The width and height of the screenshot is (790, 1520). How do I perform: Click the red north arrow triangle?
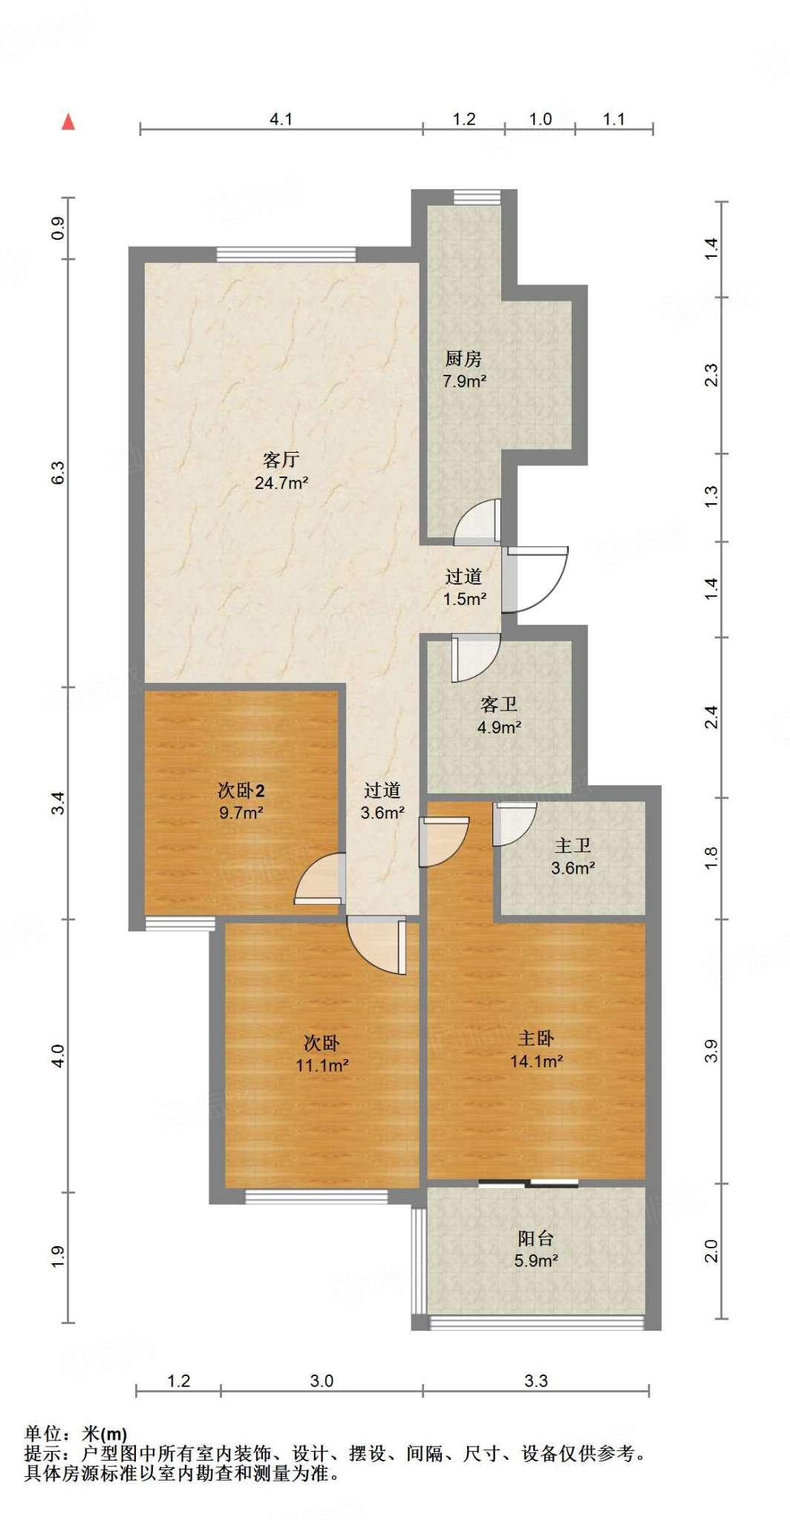[68, 122]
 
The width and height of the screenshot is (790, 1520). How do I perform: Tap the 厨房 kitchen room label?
[463, 359]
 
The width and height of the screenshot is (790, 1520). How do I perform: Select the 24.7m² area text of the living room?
[281, 483]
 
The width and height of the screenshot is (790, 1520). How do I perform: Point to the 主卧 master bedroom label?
[535, 1039]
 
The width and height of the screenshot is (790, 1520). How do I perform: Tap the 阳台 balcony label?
[535, 1238]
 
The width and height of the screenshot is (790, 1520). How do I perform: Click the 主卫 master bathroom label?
[572, 845]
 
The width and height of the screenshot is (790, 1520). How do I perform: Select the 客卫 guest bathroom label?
[498, 704]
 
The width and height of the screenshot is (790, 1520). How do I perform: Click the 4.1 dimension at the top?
[281, 119]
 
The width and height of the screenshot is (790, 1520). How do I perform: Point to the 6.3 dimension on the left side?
[58, 473]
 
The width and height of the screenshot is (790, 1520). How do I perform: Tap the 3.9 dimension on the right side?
[711, 1051]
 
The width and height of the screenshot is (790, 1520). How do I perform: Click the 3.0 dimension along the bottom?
[321, 1380]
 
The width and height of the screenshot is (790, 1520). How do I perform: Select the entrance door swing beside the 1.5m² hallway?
[535, 580]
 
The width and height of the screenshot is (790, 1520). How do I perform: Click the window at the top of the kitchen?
[477, 196]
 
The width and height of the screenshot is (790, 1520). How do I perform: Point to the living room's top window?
[286, 255]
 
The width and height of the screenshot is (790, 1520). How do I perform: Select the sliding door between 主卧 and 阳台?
[528, 1183]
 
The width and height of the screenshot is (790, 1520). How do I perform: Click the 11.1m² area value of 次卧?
[322, 1066]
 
